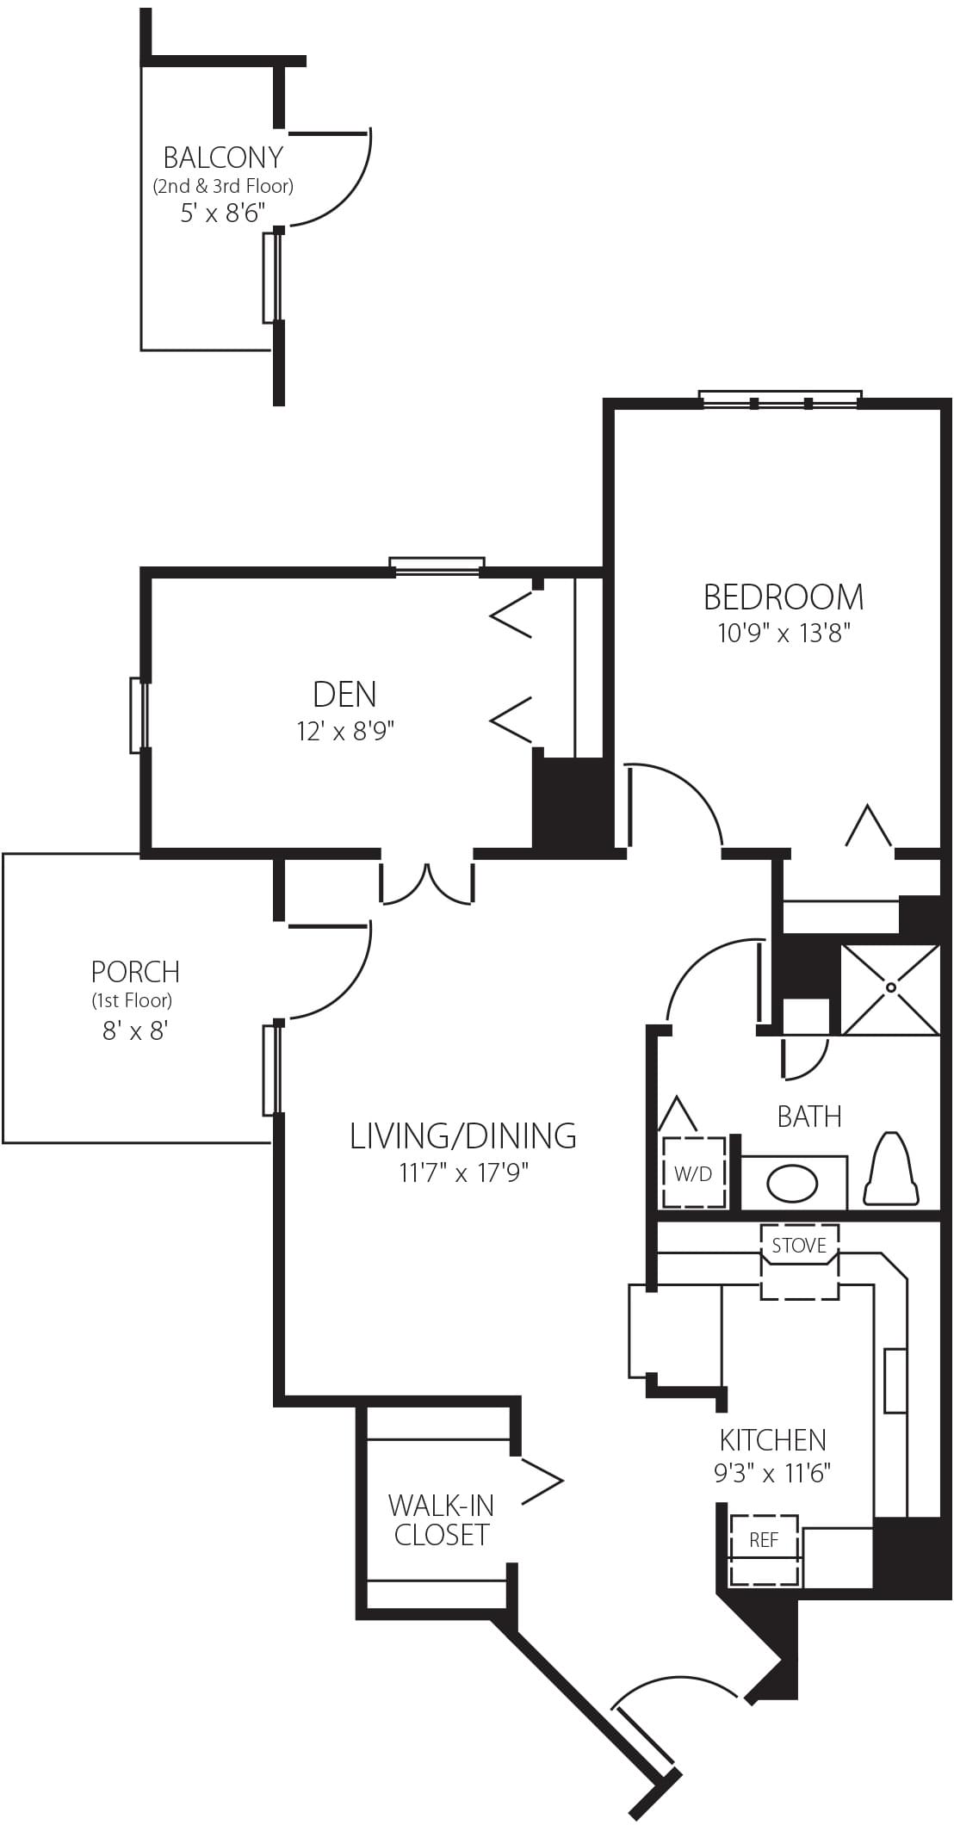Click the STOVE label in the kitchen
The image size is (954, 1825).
click(799, 1245)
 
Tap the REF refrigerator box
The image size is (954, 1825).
click(765, 1550)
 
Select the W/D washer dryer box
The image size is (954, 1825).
click(694, 1172)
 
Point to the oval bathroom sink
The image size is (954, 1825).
click(793, 1184)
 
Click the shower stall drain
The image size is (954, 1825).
click(890, 987)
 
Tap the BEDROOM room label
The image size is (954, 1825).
click(784, 597)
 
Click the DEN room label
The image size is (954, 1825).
click(344, 694)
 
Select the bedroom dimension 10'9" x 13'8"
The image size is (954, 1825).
click(784, 634)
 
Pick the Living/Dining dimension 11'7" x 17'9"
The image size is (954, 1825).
click(463, 1172)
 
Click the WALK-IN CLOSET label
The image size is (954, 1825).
click(441, 1519)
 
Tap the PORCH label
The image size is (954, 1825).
click(135, 972)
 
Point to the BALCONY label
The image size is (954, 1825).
click(223, 158)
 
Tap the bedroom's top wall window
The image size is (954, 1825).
click(780, 399)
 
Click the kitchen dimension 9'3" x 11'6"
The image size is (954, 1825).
click(772, 1473)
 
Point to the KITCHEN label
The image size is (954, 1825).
click(772, 1439)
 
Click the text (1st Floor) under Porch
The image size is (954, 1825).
click(132, 1000)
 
